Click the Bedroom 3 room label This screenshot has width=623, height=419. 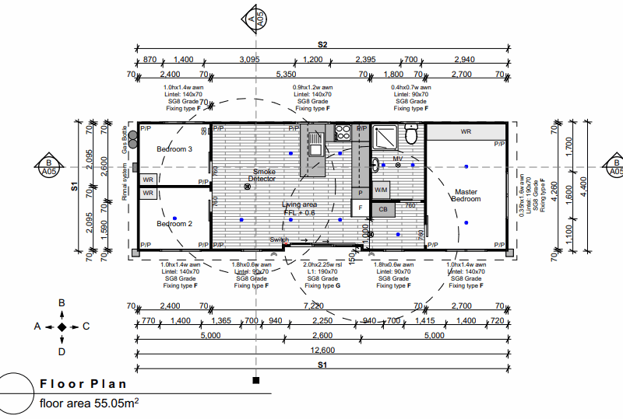[174, 148]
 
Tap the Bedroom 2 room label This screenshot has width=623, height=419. [174, 224]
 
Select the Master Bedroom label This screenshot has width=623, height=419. [466, 195]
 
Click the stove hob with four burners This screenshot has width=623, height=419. [342, 133]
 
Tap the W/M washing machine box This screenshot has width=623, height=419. [381, 189]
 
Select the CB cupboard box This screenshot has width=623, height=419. [383, 209]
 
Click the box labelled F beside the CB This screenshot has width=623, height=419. [360, 208]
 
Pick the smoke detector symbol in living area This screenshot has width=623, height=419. [248, 187]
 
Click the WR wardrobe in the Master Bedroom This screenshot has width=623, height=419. [466, 132]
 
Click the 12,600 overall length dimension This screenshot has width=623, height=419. [322, 351]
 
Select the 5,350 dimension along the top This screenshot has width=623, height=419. [287, 75]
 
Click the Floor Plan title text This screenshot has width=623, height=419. [83, 384]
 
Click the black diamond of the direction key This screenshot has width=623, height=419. [62, 328]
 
